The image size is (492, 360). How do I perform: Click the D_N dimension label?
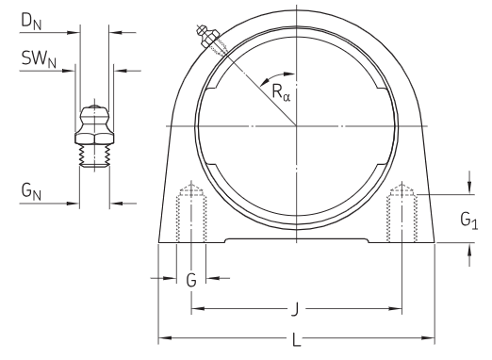pyautogui.click(x=31, y=22)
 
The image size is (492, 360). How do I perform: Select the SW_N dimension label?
pyautogui.click(x=39, y=58)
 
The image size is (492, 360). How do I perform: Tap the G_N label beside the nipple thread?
pyautogui.click(x=31, y=191)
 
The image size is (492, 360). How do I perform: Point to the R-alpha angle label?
pyautogui.click(x=281, y=92)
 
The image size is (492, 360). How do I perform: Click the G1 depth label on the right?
pyautogui.click(x=469, y=221)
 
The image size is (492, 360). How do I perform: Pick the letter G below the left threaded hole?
pyautogui.click(x=191, y=280)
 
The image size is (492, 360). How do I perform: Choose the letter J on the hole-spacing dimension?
pyautogui.click(x=295, y=309)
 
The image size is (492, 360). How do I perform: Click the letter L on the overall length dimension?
pyautogui.click(x=297, y=339)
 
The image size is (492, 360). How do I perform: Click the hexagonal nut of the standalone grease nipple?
pyautogui.click(x=94, y=139)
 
